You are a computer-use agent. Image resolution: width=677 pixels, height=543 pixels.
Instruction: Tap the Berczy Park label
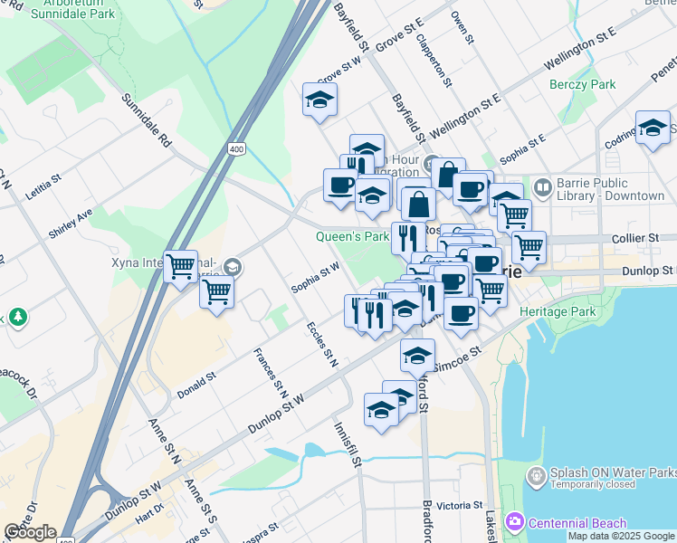click(582, 84)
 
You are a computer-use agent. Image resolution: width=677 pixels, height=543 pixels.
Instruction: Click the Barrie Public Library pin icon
click(543, 188)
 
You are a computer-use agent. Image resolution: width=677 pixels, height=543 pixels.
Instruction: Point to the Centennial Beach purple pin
click(515, 522)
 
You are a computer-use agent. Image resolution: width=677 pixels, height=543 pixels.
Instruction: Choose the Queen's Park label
click(352, 237)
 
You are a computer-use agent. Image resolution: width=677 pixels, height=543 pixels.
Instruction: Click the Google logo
click(29, 532)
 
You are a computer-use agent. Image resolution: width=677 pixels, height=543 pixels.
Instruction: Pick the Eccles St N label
click(322, 344)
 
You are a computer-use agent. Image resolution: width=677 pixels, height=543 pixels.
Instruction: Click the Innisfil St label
click(347, 443)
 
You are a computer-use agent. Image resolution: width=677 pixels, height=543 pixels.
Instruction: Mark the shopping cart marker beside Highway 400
click(180, 266)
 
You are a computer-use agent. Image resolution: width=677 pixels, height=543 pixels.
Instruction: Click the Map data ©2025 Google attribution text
click(621, 536)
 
